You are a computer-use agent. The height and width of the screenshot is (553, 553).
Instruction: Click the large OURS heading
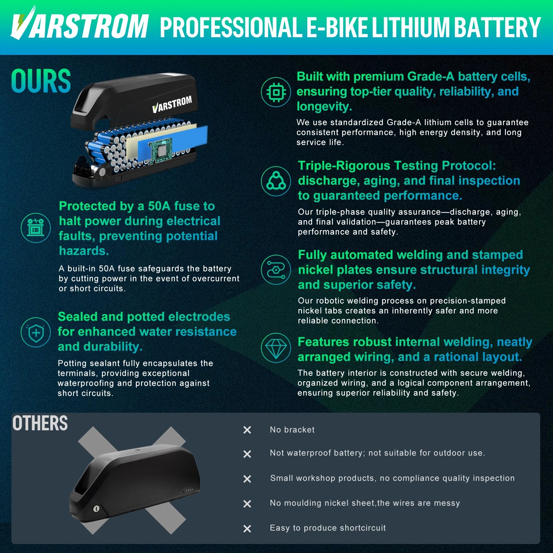41,81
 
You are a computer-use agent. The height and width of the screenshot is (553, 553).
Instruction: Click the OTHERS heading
40,423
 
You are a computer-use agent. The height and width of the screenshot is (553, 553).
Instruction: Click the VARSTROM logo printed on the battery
172,104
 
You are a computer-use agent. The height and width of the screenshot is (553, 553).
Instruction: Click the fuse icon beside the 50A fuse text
36,228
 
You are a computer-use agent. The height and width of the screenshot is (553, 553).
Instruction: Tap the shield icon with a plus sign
36,332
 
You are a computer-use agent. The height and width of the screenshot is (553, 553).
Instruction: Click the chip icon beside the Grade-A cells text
276,92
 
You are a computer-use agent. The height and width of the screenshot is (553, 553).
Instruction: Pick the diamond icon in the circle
276,348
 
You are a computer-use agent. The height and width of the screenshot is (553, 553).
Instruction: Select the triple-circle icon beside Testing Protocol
276,181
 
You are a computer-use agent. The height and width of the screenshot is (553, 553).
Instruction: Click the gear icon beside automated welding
276,270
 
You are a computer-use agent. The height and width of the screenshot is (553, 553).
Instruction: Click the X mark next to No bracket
247,430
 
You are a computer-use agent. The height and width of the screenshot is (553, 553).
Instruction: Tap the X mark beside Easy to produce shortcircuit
247,528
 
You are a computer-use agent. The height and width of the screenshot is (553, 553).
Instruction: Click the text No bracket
292,430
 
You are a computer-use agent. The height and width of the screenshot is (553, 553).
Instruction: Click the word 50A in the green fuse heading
159,206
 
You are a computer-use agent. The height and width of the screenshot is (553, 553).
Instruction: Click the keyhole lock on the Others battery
96,508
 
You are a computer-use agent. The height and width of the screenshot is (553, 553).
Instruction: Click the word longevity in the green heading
324,106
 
